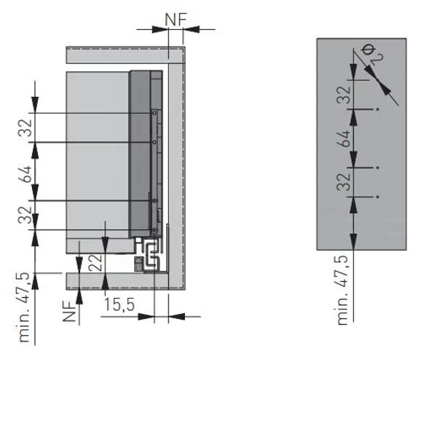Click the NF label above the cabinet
coord(176,20)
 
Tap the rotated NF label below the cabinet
coord(70,312)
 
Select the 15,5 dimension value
coord(119,304)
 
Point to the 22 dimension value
coord(95,262)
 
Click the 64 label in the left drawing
coord(25,175)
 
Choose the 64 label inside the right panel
coord(343,138)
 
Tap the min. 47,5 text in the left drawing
coord(24,307)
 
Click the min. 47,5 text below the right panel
coord(342,290)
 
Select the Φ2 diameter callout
coord(373,55)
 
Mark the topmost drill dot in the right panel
coord(377,109)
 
